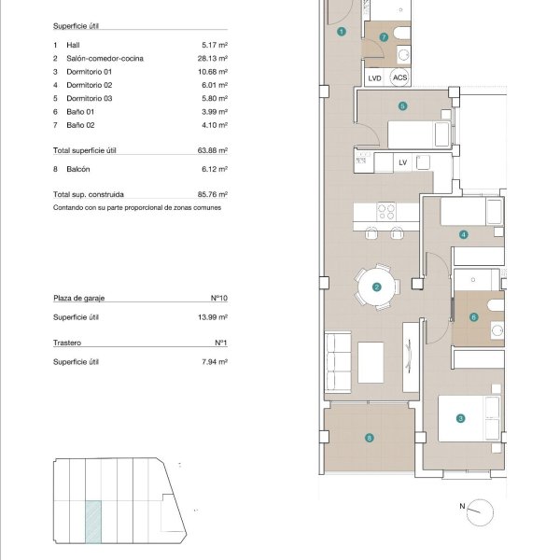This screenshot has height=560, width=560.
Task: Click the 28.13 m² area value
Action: click(213, 58)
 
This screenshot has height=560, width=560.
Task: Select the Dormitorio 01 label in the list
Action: click(90, 72)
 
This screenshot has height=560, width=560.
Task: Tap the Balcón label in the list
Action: click(78, 169)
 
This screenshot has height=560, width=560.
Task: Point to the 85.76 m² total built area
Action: click(213, 194)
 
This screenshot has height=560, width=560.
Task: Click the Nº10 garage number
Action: click(219, 298)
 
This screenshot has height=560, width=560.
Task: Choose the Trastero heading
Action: click(67, 343)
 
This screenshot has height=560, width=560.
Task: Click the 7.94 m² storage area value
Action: click(215, 362)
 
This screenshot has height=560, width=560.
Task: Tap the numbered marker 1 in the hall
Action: click(342, 32)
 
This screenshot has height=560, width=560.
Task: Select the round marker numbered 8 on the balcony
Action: click(370, 438)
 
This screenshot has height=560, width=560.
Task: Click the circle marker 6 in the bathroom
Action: click(473, 317)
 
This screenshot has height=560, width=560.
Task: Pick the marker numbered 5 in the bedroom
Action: click(402, 106)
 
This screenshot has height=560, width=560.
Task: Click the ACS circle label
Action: click(399, 77)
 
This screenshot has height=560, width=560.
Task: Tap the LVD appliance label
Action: click(374, 78)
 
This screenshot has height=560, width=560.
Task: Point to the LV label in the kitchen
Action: click(403, 162)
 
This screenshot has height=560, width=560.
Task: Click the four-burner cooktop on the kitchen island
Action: click(386, 212)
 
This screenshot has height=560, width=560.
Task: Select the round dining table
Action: click(376, 287)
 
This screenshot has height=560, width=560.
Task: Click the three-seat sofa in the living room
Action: click(338, 362)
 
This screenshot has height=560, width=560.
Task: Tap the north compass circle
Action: click(480, 512)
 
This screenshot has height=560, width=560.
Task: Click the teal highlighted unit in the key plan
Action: click(93, 522)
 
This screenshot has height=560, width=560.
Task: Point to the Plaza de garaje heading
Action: click(79, 298)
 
